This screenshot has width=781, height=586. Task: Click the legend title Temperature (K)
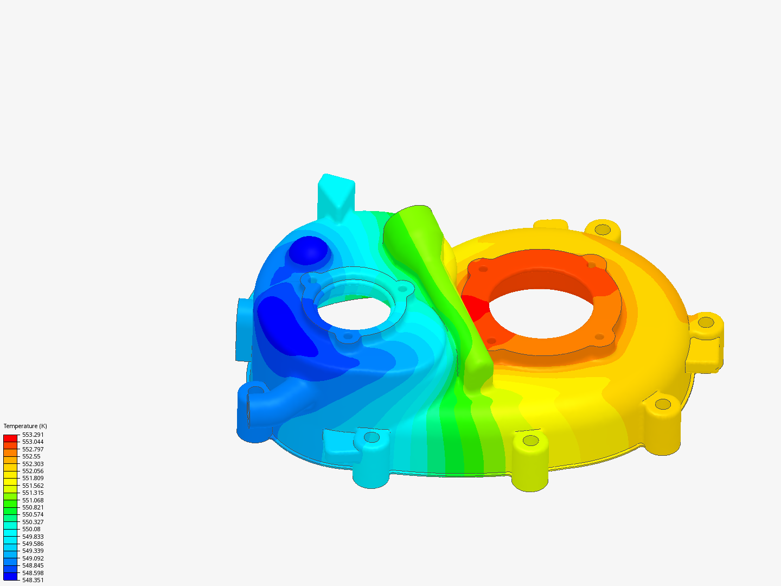coord(25,426)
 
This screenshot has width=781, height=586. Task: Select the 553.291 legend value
coord(33,435)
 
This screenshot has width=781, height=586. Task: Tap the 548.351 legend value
coord(33,580)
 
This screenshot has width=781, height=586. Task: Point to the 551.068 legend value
coord(33,500)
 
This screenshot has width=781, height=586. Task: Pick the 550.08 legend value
coord(31,529)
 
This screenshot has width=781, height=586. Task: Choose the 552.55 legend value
coord(31,456)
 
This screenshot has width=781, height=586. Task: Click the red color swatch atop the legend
coord(10,438)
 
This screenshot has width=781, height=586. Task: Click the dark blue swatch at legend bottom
coord(10,576)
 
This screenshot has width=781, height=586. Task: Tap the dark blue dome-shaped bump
coord(308,250)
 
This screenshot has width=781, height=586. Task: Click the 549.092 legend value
coord(33,558)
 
